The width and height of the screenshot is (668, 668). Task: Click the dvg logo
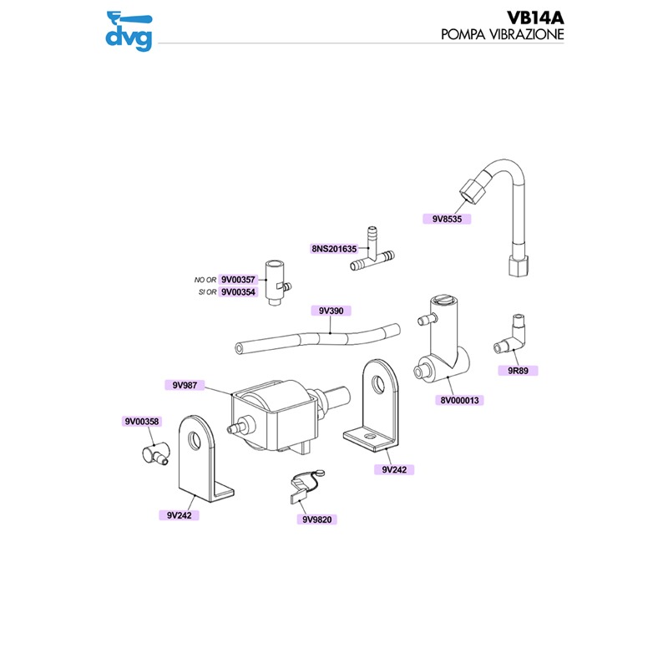point(129,29)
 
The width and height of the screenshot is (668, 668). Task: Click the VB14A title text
point(535,18)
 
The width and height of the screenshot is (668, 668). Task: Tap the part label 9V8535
point(448,219)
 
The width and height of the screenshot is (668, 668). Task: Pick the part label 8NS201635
point(334,249)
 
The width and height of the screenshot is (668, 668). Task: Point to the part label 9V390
point(331,311)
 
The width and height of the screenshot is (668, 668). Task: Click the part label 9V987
point(184,385)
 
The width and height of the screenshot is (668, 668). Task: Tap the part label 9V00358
point(142,422)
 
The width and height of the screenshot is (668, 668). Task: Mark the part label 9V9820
point(318,519)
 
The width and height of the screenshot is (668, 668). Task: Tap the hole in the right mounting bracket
point(379,385)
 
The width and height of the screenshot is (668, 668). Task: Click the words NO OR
point(205,280)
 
